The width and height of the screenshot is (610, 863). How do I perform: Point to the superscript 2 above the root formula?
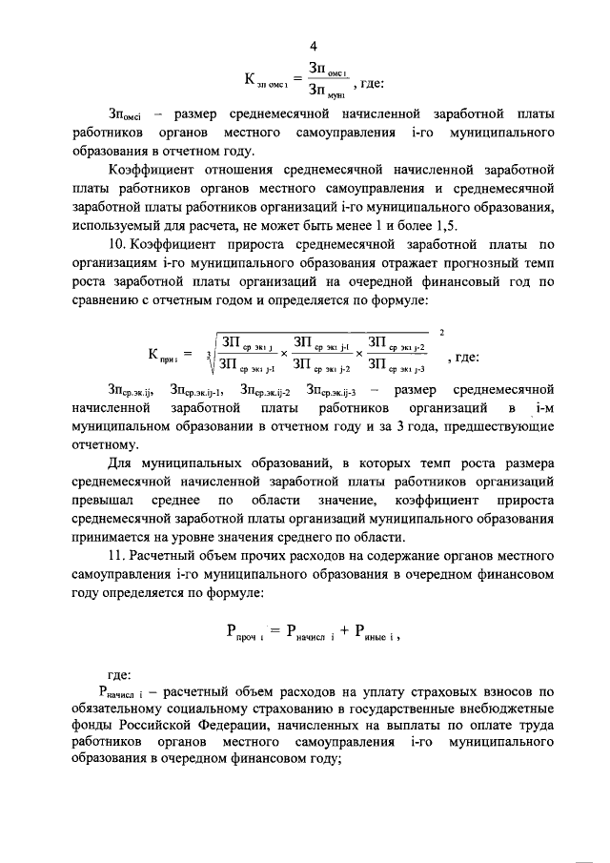[440, 332]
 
